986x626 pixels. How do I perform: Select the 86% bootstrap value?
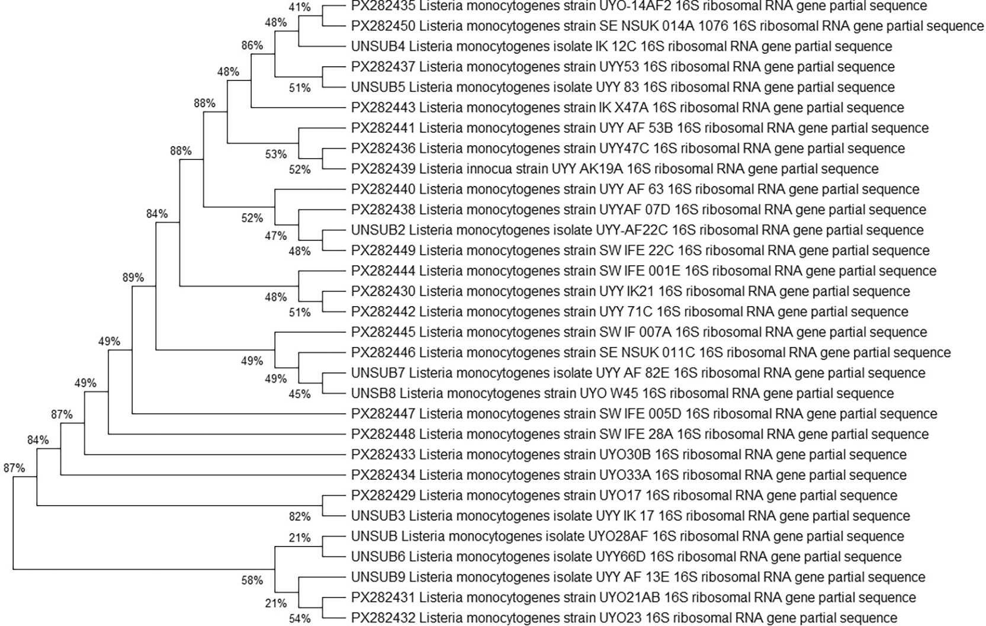point(252,46)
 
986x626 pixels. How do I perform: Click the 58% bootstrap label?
point(252,580)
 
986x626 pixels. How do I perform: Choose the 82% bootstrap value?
point(300,516)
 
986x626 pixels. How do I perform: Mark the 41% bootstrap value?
point(300,7)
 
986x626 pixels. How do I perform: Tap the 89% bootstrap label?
point(133,277)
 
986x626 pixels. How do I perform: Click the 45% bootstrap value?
point(300,393)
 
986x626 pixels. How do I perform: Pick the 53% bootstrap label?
point(276,154)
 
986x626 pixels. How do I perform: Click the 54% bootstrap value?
point(300,619)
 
